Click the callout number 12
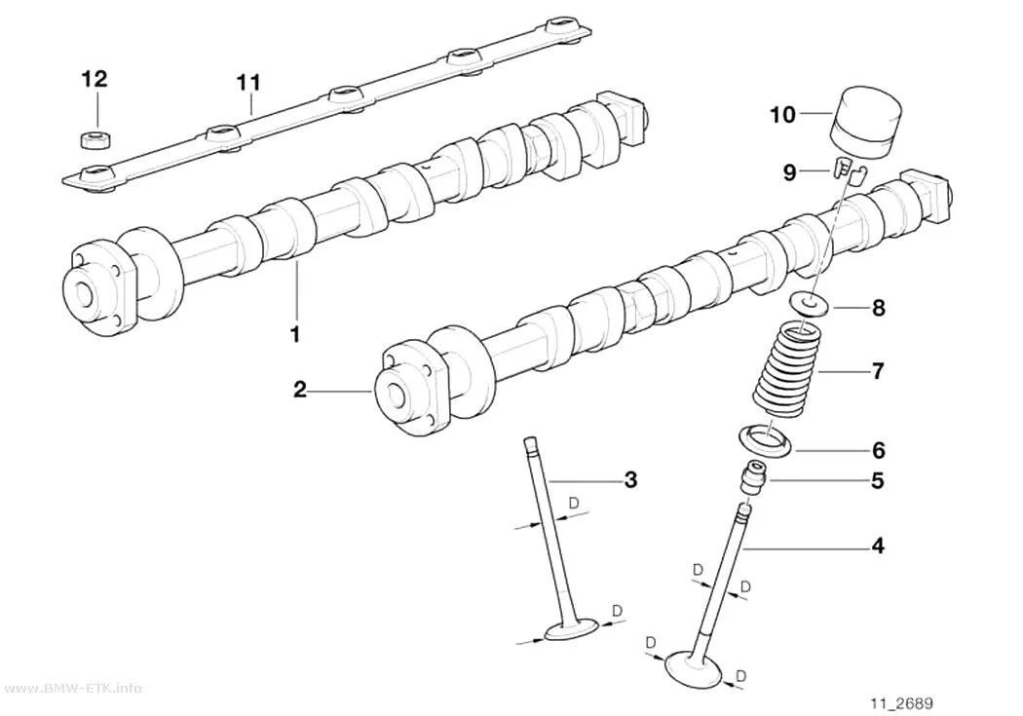click(x=94, y=79)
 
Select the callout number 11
click(x=248, y=83)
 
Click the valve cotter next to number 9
click(x=848, y=170)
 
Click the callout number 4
click(x=878, y=546)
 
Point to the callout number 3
click(x=630, y=480)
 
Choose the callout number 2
click(x=299, y=390)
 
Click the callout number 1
click(x=295, y=334)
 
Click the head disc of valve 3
click(x=572, y=629)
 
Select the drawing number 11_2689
click(x=901, y=703)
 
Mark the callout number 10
click(x=783, y=115)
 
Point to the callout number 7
click(x=878, y=371)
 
